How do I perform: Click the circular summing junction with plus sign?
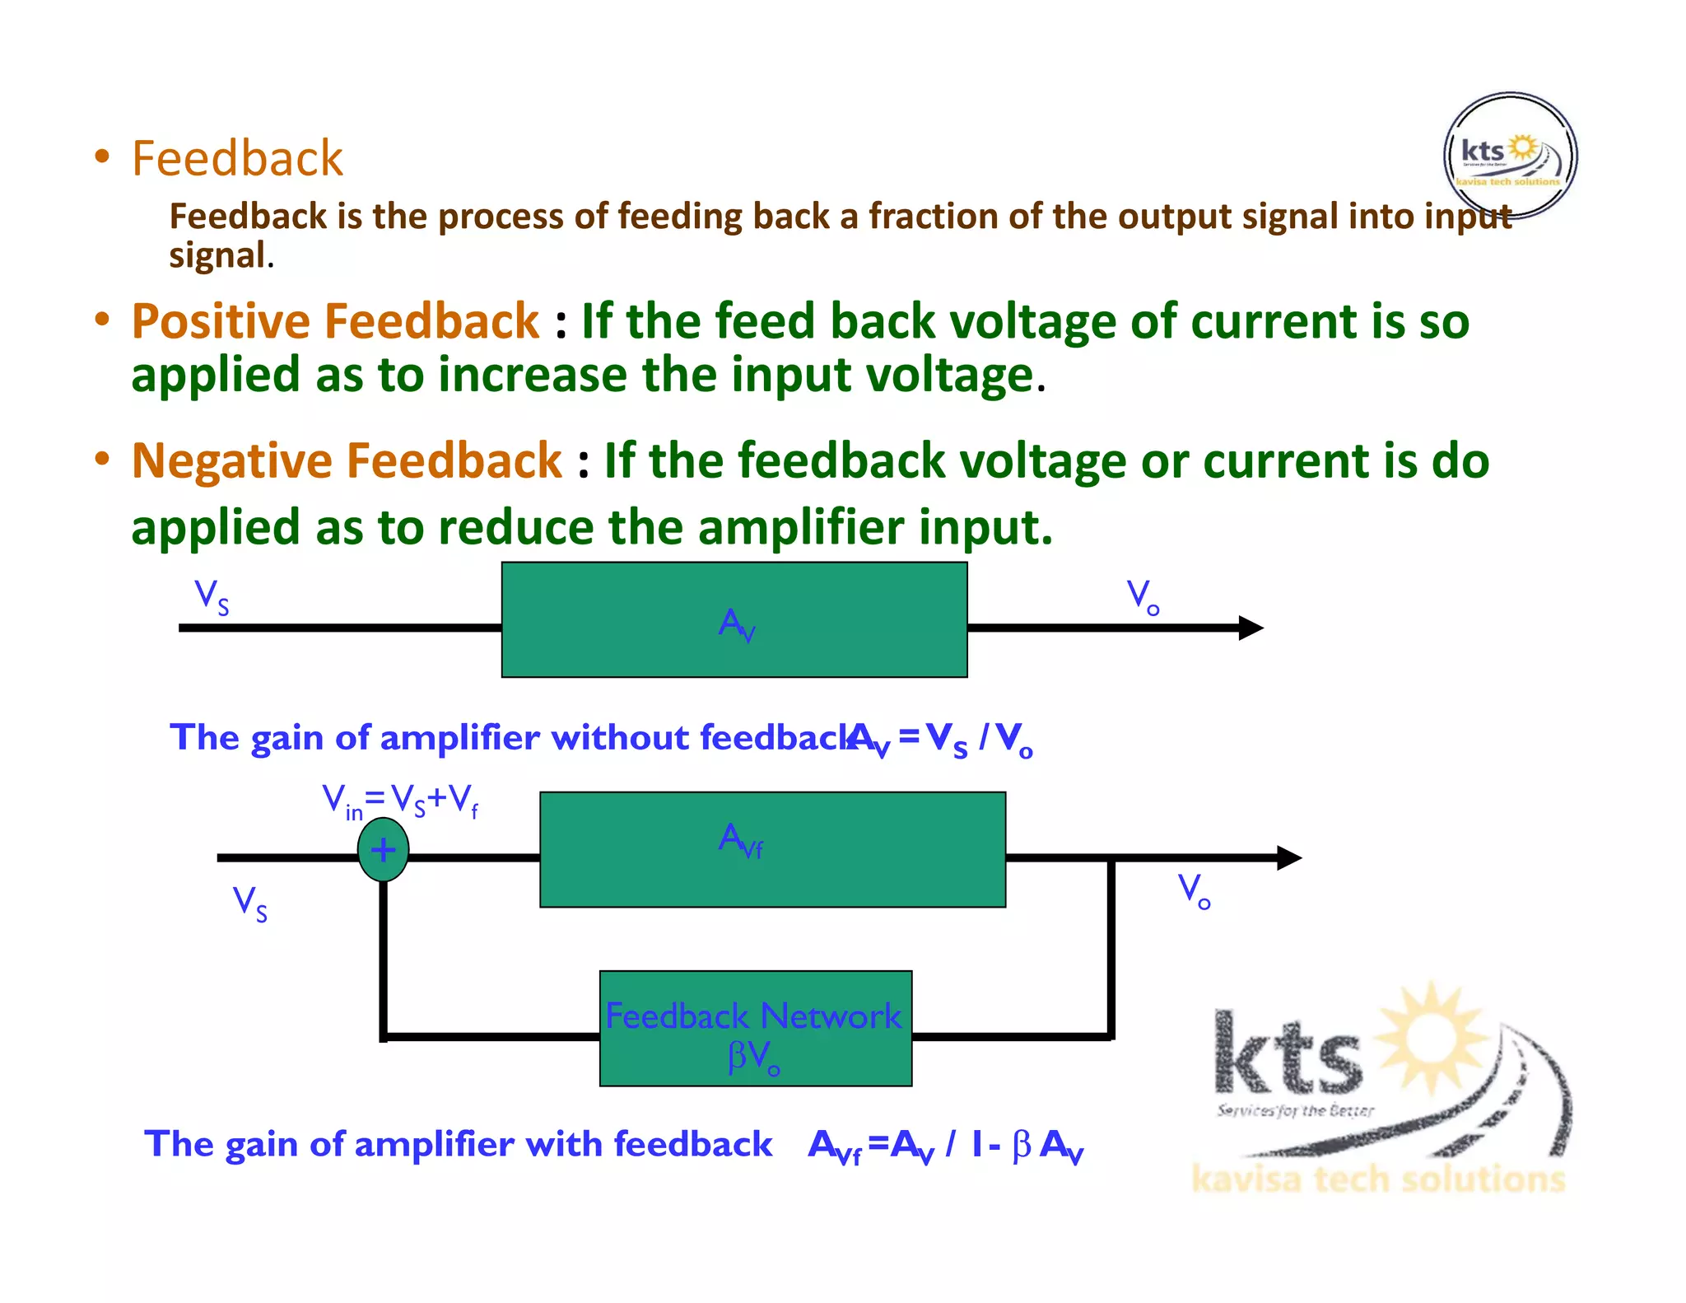[x=383, y=849]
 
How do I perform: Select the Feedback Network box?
[x=755, y=1028]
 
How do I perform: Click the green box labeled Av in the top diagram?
[x=734, y=619]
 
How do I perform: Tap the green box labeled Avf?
[x=772, y=849]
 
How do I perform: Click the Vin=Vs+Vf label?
[x=400, y=801]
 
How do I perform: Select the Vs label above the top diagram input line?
[x=212, y=596]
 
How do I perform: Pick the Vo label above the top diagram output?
[x=1143, y=596]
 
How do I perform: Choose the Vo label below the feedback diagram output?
[x=1194, y=891]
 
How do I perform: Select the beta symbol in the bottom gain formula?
[x=1021, y=1145]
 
